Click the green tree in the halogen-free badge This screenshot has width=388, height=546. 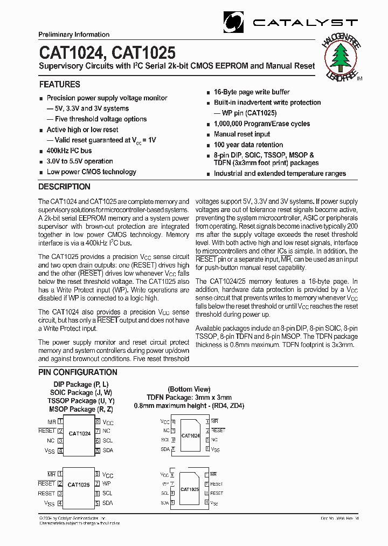(342, 56)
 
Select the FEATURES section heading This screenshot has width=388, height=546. (59, 85)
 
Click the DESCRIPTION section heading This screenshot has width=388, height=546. (64, 187)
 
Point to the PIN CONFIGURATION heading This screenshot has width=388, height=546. (78, 372)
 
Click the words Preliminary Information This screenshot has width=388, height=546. (74, 35)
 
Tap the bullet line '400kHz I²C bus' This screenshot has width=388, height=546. (69, 151)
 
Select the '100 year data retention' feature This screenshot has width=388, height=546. (248, 145)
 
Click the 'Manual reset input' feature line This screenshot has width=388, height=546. (241, 134)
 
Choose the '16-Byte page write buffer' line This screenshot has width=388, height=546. (251, 92)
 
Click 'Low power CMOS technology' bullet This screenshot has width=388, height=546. (91, 172)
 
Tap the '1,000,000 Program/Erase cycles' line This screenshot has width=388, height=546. (261, 124)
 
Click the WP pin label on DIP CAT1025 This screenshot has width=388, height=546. (107, 484)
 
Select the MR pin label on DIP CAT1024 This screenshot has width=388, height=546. (52, 421)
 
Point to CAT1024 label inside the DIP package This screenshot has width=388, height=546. (79, 433)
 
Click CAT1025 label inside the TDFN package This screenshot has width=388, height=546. (190, 489)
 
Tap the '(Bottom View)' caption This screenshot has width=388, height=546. (189, 389)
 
